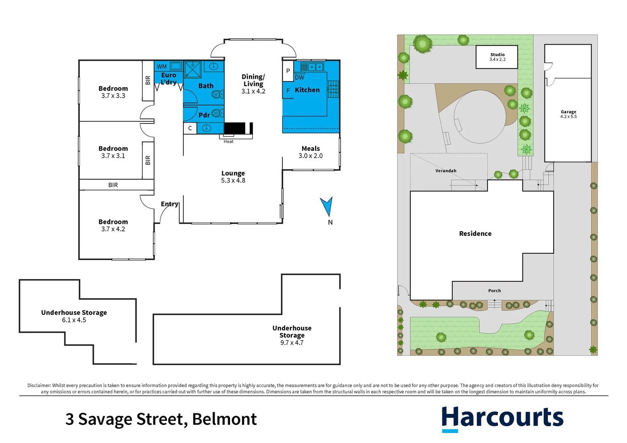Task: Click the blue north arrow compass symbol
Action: point(327,206)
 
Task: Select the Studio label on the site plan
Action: point(497,55)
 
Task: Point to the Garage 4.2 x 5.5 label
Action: point(568,114)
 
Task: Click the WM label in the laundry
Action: point(162,66)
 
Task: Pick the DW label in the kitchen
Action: point(300,78)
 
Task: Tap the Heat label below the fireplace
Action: point(228,142)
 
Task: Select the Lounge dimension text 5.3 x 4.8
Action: point(233,180)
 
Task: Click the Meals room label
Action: point(310,148)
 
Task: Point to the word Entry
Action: point(169,204)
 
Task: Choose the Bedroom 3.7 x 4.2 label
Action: point(113,225)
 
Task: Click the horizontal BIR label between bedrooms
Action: point(113,185)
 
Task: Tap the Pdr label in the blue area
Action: point(204,115)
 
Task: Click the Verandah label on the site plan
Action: point(446,171)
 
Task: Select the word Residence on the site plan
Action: point(475,233)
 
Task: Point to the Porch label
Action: point(495,291)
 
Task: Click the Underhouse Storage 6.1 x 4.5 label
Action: point(74,316)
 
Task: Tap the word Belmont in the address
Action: point(224,419)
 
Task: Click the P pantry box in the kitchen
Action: point(288,71)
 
